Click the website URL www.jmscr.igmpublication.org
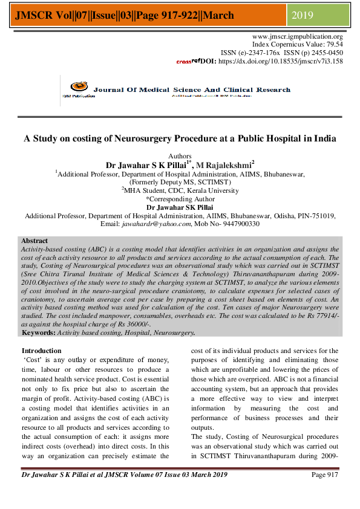tap(297, 37)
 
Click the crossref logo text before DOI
tap(188, 61)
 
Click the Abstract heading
tap(34, 241)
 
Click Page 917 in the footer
tap(324, 475)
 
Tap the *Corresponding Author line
tap(180, 198)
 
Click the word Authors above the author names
tap(180, 157)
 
